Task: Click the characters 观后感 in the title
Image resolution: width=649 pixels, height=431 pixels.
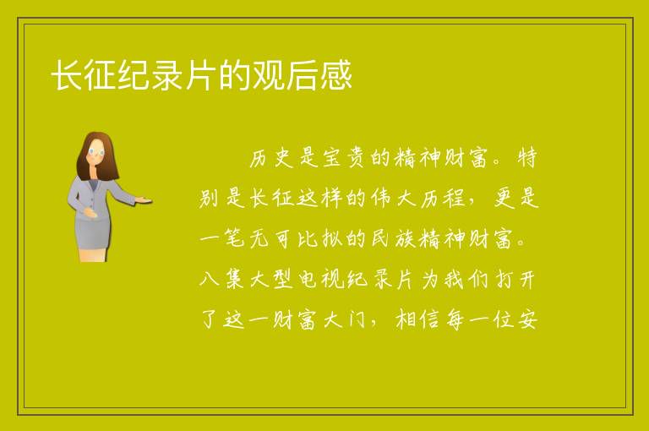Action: (302, 75)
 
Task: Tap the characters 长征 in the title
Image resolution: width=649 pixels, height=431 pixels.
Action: (84, 75)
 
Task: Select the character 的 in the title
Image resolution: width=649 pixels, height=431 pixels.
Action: (234, 75)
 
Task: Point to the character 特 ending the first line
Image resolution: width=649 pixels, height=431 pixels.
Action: (526, 158)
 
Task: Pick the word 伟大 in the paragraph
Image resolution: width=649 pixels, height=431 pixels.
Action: (393, 198)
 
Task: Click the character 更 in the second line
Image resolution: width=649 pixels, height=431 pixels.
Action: (504, 198)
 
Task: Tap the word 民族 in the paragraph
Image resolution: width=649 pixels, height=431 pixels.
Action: (393, 238)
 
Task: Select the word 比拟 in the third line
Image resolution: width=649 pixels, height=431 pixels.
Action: (319, 238)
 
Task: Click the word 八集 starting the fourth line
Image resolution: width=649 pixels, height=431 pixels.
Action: (221, 279)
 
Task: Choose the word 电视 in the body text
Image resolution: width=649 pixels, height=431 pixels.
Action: (319, 279)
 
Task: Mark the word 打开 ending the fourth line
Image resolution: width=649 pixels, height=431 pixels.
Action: (515, 279)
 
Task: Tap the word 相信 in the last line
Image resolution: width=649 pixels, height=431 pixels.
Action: (417, 319)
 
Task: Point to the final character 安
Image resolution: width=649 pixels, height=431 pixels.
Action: (527, 319)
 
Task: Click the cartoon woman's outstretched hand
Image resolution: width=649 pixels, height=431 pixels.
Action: (144, 200)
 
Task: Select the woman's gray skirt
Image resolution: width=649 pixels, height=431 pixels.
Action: (93, 233)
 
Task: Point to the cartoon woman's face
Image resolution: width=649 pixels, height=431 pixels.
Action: (96, 151)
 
